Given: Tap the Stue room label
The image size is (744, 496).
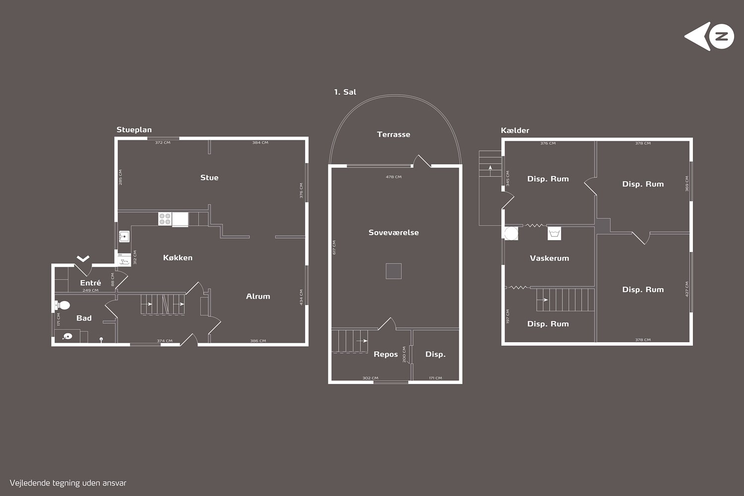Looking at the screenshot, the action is click(209, 178).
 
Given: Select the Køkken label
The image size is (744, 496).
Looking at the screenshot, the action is click(178, 257).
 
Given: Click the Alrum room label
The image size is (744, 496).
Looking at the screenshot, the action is click(258, 296).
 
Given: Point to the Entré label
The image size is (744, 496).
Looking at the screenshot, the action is click(90, 283).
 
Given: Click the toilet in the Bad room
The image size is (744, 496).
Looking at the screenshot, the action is click(62, 305).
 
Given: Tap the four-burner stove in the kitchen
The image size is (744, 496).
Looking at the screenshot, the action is click(165, 219).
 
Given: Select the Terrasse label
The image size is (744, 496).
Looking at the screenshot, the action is click(394, 134).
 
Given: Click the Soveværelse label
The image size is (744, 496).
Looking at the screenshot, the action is click(394, 233).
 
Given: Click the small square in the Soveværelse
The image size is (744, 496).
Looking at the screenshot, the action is click(394, 271).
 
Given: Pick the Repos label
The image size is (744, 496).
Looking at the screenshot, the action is click(385, 354).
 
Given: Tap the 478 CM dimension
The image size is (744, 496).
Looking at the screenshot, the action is click(394, 177).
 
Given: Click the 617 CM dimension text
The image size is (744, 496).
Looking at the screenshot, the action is click(334, 248).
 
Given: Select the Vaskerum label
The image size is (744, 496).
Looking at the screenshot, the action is click(550, 258).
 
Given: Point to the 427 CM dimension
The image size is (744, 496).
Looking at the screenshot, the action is click(687, 289).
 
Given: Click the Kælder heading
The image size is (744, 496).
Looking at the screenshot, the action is click(515, 130).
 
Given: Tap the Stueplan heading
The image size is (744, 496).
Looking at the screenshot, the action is click(134, 130).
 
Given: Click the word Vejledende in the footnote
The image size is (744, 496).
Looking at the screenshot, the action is click(30, 483).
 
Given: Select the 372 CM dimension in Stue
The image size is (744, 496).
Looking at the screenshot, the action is click(163, 142).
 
